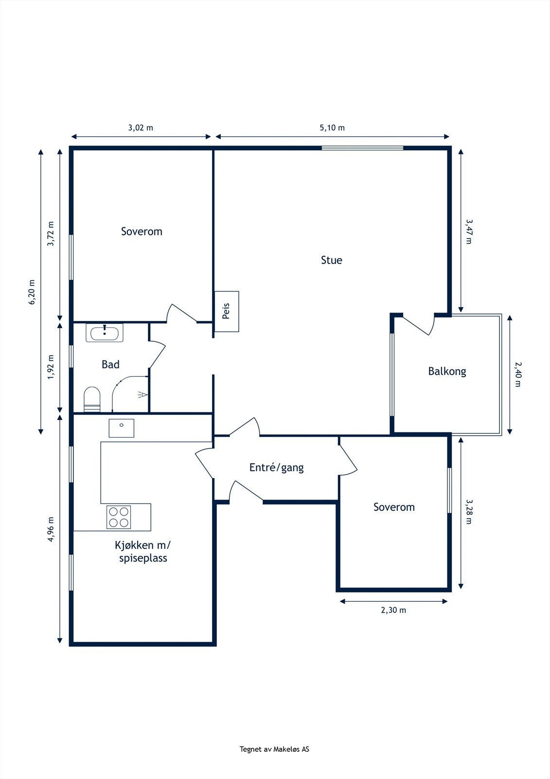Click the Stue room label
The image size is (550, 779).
[x=332, y=260]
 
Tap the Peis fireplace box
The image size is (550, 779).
[x=227, y=311]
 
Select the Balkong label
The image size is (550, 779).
[x=447, y=371]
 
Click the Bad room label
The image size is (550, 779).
[x=110, y=365]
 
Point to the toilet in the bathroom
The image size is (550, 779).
[x=92, y=399]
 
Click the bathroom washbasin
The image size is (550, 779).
[x=105, y=333]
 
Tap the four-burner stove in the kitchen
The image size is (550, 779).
[x=119, y=517]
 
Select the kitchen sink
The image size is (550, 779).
[x=121, y=428]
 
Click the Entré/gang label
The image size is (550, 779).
[x=277, y=468]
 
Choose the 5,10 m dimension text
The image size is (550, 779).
[x=332, y=128]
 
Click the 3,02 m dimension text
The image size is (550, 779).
[x=141, y=128]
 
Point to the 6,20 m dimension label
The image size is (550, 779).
[x=32, y=292]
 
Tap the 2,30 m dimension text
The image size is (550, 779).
[x=393, y=610]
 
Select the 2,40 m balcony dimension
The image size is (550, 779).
[x=518, y=374]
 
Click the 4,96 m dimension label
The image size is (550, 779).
[x=51, y=529]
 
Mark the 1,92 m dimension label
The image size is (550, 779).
[x=51, y=367]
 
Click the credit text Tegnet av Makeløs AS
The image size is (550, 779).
[x=274, y=749]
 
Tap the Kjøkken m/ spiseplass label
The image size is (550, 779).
[x=143, y=551]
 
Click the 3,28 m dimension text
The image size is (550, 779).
[x=469, y=512]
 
